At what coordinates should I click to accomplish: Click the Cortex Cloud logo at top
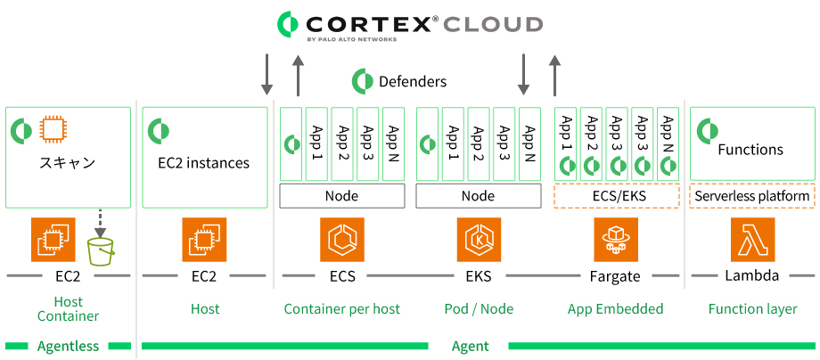point(409,24)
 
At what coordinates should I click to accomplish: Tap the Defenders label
point(412,81)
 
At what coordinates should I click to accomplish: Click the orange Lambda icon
point(751,240)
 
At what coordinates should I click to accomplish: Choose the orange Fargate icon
point(615,240)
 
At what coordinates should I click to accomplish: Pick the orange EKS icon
point(479,240)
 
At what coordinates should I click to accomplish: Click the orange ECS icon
point(342,240)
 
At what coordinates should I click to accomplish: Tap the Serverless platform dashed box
point(751,196)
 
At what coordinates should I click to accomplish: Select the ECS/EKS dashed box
point(615,196)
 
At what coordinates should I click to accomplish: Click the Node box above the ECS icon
point(342,196)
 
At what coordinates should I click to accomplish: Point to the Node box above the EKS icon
point(479,196)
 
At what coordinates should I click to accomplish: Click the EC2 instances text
point(203,163)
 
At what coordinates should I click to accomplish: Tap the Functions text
point(750,150)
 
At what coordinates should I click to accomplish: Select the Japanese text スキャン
point(67,163)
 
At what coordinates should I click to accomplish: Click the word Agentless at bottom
point(69,346)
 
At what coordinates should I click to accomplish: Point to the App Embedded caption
point(615,309)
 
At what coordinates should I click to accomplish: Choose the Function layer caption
point(751,309)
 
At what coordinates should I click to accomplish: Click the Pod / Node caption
point(479,309)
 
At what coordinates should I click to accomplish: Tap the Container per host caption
point(342,309)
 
